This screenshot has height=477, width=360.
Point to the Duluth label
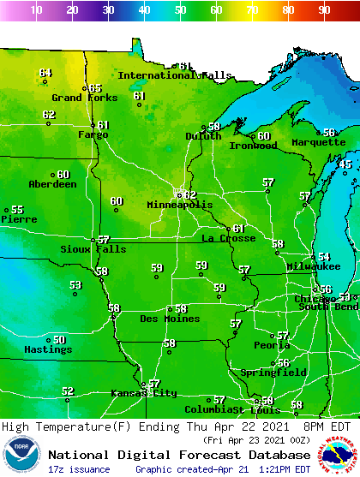coord(203,135)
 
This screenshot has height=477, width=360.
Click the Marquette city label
coord(318,142)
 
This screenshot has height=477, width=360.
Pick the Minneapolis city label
coord(179,206)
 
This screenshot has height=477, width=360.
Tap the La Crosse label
coord(228,238)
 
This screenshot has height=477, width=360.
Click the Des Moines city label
coord(171,319)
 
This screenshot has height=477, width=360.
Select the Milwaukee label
coord(314,266)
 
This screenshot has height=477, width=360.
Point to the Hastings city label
coord(48,349)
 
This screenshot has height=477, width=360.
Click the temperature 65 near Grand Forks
coord(95,88)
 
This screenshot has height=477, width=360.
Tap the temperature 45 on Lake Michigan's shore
coord(346,164)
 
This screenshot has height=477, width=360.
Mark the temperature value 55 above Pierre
coord(17,210)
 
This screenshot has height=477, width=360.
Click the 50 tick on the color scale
coord(180,10)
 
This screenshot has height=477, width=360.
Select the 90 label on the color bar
coord(324,10)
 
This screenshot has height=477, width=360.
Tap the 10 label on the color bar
coord(36,10)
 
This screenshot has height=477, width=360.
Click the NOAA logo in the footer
coord(21,455)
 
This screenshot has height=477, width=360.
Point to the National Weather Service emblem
coord(338,455)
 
